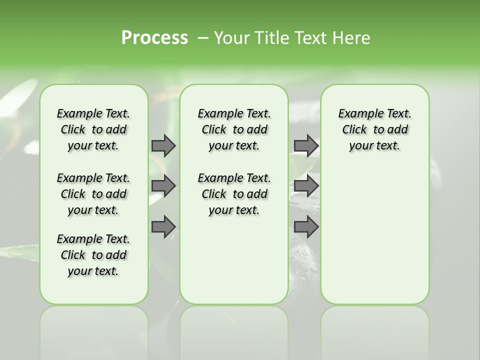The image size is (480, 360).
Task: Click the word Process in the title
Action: coord(154,38)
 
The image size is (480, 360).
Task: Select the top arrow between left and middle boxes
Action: coord(163,145)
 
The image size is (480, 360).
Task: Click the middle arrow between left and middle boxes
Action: coord(163,186)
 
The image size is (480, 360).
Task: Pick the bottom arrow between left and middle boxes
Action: coord(163,226)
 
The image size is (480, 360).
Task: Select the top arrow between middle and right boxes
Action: coord(306,145)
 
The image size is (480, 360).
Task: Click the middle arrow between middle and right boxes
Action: coord(306,186)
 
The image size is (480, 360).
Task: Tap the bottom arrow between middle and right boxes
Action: coord(306,226)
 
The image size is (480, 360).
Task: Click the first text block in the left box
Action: coord(93,129)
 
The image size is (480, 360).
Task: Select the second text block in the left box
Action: coord(93,194)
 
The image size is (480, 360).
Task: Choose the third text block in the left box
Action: coord(93,255)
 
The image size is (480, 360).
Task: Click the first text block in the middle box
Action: coord(234,129)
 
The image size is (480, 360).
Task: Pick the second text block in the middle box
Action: coord(234,194)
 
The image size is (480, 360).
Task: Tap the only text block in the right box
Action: coord(374,129)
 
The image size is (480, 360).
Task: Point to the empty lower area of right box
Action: coord(374,240)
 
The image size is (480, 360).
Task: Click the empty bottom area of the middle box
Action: coord(234,265)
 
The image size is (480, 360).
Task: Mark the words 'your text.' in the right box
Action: coord(374,146)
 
